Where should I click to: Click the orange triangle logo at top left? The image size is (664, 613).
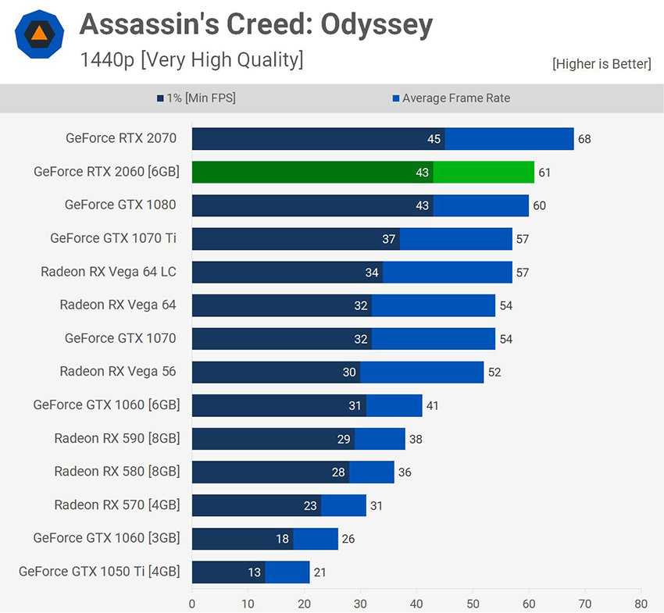pos(38,34)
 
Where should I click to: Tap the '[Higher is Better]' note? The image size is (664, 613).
pos(601,64)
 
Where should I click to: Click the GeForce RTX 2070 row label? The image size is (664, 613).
pos(121,138)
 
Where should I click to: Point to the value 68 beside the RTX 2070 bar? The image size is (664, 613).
pos(584,140)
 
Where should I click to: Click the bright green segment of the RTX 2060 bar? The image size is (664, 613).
pos(484,172)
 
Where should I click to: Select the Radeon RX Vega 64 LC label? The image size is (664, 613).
pos(109,272)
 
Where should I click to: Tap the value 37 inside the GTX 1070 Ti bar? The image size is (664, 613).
pos(389,239)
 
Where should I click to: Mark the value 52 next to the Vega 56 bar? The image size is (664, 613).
pos(494,372)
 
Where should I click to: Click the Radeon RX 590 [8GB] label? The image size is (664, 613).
pos(116,438)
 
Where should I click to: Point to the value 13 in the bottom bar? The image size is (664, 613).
pos(255,572)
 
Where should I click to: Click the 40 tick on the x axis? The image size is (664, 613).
pos(416,603)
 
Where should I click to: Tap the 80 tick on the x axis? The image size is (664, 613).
pos(641,603)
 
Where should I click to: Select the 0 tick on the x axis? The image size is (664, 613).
pos(192,603)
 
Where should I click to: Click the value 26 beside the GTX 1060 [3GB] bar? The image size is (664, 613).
pos(348,539)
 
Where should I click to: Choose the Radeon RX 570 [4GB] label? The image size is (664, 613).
pos(116,504)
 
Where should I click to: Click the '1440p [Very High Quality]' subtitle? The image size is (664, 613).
pos(191,60)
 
